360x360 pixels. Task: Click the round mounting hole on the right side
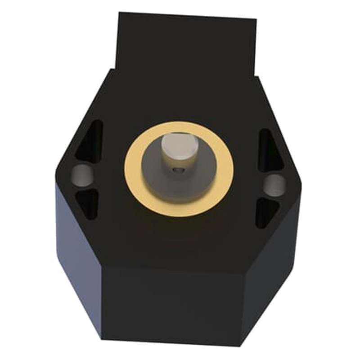274,184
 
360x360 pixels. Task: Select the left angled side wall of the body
79,252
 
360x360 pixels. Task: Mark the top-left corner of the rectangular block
119,13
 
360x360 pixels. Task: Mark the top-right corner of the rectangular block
256,19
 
